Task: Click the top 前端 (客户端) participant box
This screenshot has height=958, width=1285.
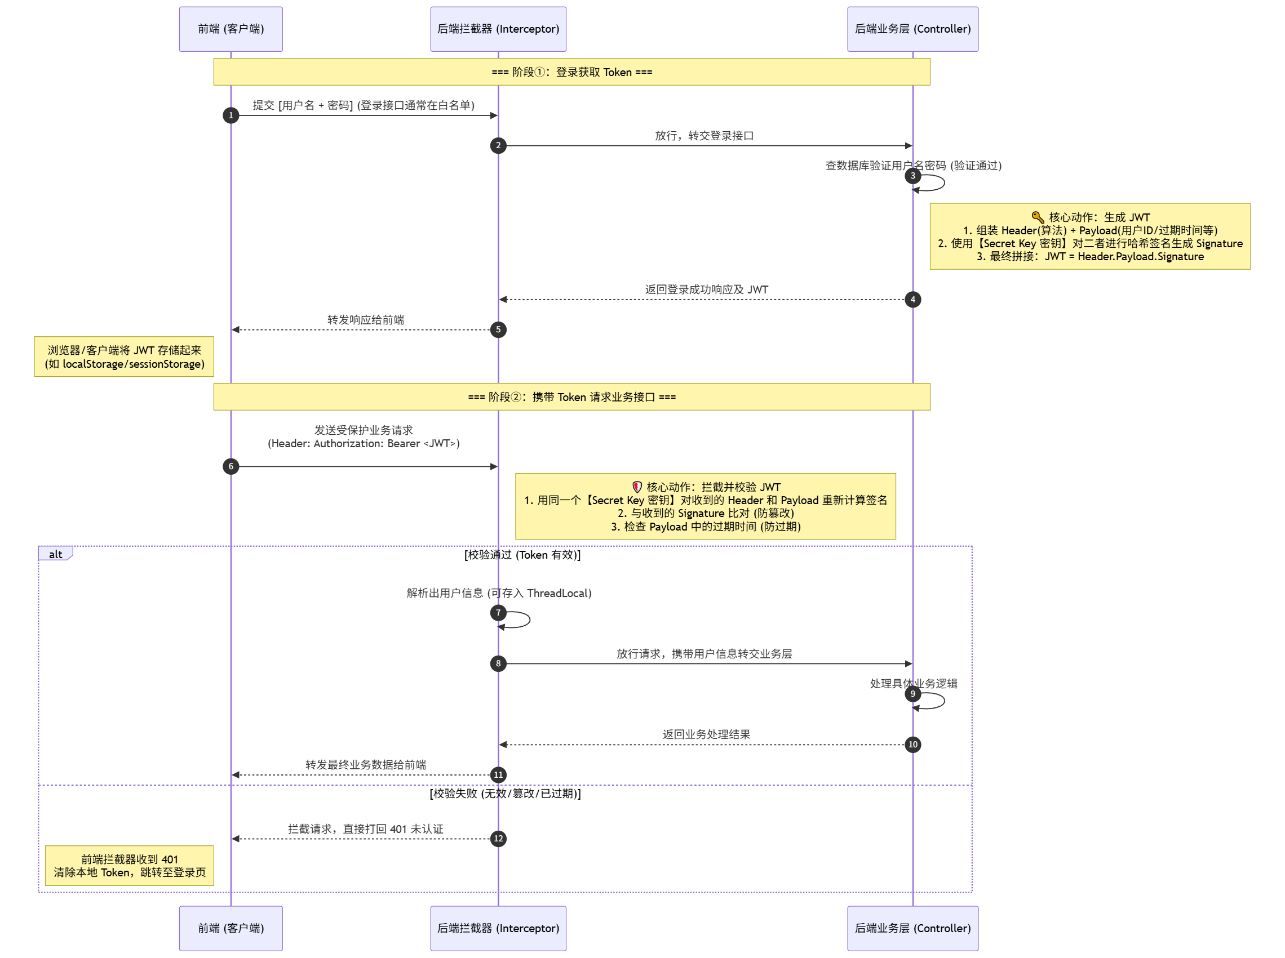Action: click(x=231, y=29)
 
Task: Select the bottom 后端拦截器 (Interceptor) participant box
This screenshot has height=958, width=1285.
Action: click(x=498, y=928)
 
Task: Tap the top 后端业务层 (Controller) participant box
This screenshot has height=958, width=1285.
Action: click(x=912, y=29)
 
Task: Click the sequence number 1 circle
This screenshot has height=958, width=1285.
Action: click(x=231, y=115)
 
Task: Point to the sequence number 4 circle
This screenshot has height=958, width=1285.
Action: click(x=912, y=300)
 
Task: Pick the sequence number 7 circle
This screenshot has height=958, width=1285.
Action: click(x=498, y=613)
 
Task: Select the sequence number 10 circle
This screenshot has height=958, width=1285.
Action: click(x=912, y=745)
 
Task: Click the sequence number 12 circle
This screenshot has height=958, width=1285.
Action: click(x=498, y=839)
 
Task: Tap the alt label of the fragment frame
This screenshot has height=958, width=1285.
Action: click(x=56, y=554)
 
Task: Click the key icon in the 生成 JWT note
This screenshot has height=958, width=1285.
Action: click(x=1038, y=217)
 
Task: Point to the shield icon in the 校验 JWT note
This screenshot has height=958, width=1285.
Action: click(x=637, y=487)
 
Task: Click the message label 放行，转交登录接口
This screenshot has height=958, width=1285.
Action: click(x=704, y=136)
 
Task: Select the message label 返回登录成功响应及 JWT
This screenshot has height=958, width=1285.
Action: click(x=706, y=289)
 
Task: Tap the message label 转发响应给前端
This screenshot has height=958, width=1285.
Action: click(x=366, y=319)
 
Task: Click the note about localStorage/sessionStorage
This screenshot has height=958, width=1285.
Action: click(x=124, y=357)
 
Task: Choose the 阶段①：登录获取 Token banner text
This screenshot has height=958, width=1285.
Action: click(x=571, y=72)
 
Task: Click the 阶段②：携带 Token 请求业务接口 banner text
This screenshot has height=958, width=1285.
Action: click(x=571, y=397)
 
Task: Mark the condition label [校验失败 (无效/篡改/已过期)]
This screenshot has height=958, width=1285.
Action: click(x=505, y=794)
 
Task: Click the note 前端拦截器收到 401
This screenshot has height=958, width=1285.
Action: click(x=130, y=866)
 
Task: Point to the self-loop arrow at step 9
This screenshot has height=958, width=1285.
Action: click(x=943, y=701)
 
